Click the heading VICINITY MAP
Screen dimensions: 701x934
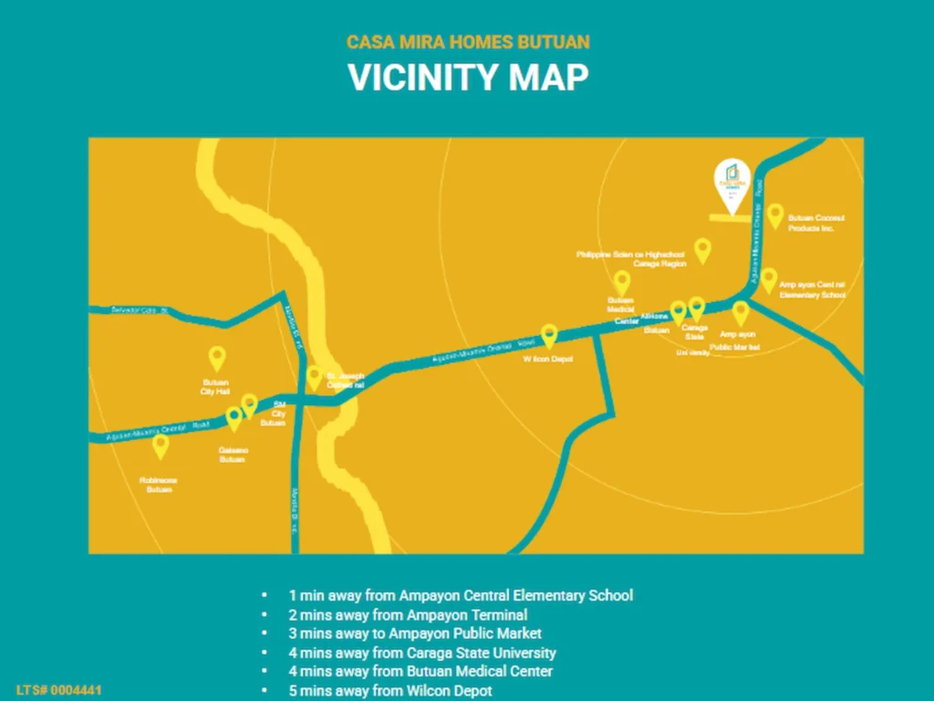467,78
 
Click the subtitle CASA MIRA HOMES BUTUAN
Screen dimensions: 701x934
467,42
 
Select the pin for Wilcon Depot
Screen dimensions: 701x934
549,336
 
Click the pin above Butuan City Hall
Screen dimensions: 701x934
216,358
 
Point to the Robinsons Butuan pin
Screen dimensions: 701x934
161,445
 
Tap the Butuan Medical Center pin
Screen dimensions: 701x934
622,282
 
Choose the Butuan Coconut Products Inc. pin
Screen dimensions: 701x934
774,214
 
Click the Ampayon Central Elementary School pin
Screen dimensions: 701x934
769,279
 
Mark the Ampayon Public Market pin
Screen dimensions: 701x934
740,312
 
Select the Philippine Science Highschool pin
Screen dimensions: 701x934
702,249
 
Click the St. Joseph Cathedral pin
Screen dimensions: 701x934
314,377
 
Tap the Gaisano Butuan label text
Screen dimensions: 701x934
232,455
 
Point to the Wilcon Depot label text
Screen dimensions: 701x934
547,360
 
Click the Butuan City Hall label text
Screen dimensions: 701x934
215,386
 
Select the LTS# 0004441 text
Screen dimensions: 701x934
58,690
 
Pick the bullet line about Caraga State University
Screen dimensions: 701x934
422,653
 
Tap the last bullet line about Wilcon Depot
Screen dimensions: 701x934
390,691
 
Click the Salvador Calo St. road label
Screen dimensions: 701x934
140,310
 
